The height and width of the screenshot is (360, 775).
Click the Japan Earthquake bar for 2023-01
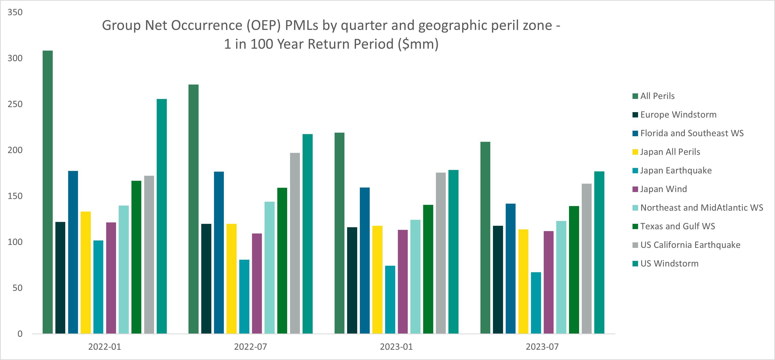tap(390, 300)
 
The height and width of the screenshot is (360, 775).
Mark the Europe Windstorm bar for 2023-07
tap(498, 279)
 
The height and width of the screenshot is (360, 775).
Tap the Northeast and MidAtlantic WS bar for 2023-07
tap(561, 277)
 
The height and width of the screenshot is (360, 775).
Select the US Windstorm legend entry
tap(669, 264)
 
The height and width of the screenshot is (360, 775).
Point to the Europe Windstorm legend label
tap(678, 115)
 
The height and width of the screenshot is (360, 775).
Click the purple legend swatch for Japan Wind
tap(635, 189)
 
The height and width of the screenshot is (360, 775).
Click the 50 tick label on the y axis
tap(17, 288)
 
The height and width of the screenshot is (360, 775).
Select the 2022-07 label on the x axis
tap(250, 347)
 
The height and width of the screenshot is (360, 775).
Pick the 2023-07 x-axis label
tap(542, 347)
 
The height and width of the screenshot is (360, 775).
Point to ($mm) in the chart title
tap(418, 44)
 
